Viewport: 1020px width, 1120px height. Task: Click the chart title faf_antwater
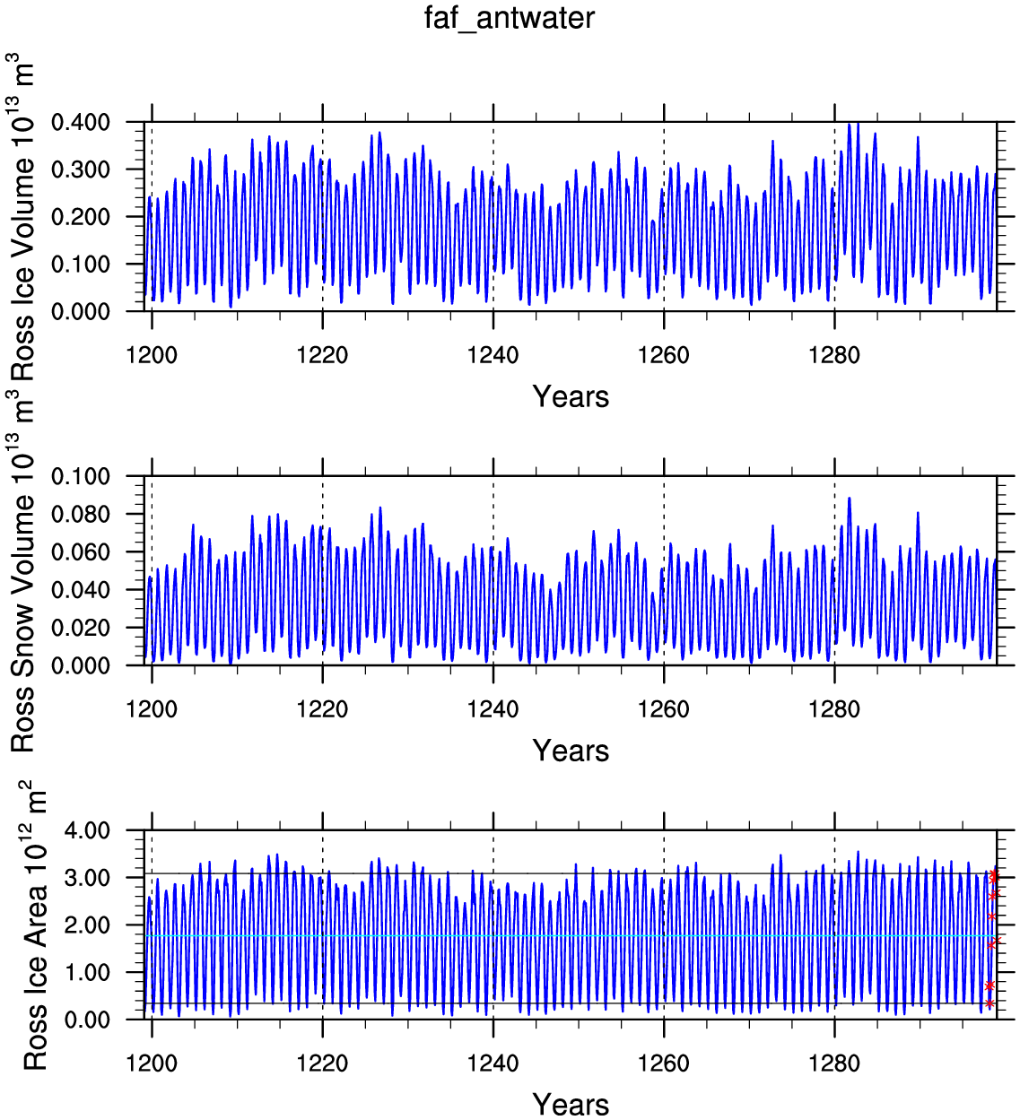coord(509,18)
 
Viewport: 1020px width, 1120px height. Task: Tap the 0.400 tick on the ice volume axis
coord(80,122)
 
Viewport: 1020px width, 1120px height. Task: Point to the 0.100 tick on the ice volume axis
coord(80,265)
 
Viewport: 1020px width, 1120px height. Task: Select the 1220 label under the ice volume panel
coord(322,356)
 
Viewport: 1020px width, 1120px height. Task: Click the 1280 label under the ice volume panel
coord(834,356)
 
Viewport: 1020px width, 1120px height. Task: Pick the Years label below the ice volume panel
coord(571,396)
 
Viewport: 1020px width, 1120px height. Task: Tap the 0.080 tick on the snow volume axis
coord(80,515)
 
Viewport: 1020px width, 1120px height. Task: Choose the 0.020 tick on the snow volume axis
coord(80,628)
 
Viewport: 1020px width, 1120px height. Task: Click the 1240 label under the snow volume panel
coord(493,710)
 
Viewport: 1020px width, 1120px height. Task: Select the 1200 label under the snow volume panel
coord(152,710)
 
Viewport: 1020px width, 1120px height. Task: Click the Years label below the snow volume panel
coord(571,751)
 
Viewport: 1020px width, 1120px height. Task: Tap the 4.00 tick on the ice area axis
coord(88,830)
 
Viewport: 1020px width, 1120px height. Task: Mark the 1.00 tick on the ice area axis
coord(88,972)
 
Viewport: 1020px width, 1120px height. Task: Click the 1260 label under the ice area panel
coord(664,1064)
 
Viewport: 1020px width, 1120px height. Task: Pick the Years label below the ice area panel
coord(571,1104)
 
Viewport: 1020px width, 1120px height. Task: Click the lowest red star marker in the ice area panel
coord(989,1003)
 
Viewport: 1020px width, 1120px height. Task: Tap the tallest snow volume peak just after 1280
coord(849,499)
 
